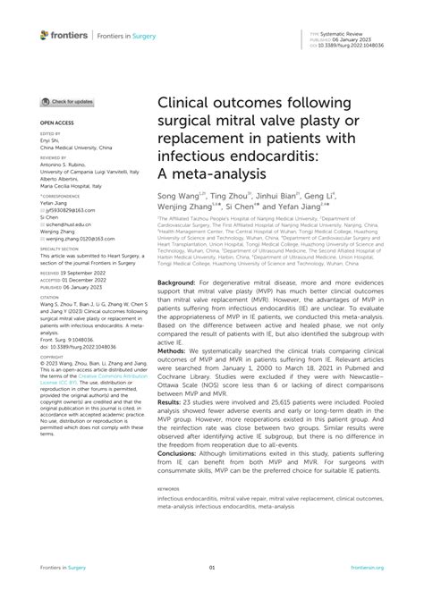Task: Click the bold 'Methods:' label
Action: [x=174, y=375]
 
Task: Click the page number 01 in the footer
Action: [x=212, y=568]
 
